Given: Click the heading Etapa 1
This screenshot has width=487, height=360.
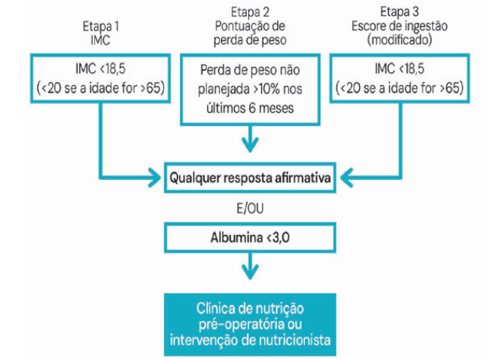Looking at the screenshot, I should tap(101, 25).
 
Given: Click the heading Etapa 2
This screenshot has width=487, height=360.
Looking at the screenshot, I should tap(249, 10).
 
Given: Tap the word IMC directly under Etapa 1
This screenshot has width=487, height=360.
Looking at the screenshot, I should tap(101, 38).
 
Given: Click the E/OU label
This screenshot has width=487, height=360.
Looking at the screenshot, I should tap(249, 206).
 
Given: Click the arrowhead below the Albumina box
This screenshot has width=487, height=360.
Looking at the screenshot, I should tap(249, 270).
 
